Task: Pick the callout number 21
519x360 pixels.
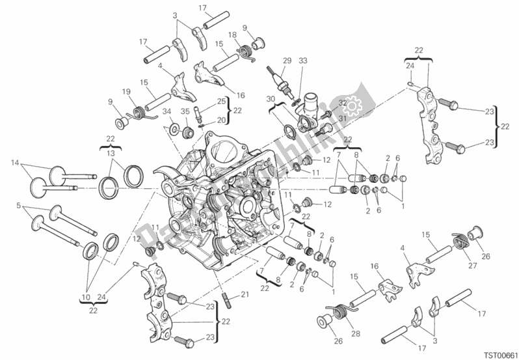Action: (x=245, y=295)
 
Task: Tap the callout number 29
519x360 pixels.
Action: (x=286, y=61)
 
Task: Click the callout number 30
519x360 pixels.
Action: (x=270, y=98)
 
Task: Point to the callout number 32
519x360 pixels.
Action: (x=341, y=103)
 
